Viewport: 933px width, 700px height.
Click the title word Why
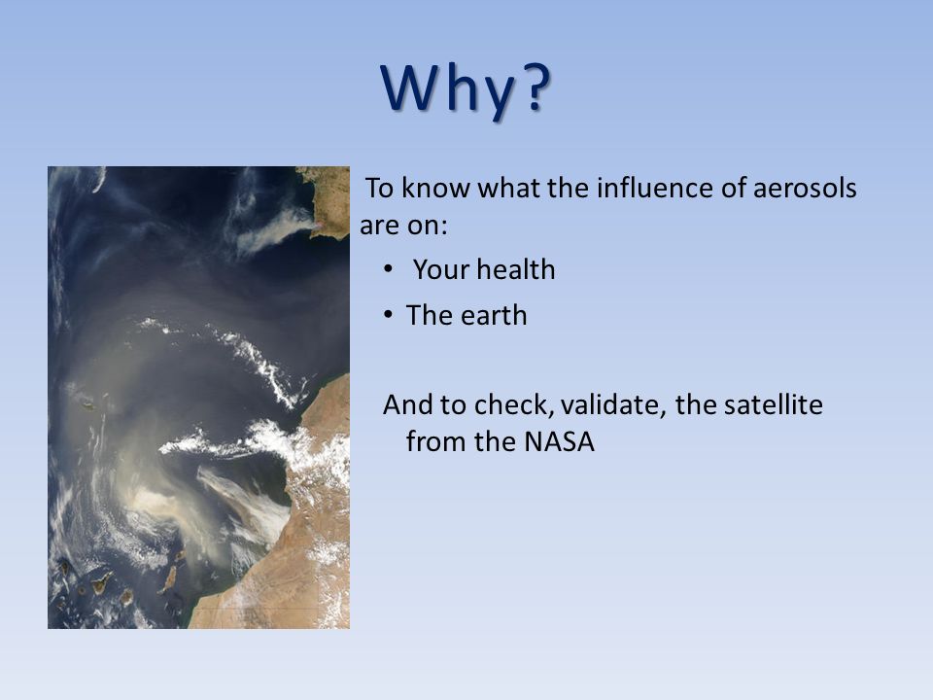click(447, 88)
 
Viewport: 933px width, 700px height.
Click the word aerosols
click(805, 188)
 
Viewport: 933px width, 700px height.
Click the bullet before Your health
click(389, 269)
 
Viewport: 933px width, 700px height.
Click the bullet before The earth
click(389, 314)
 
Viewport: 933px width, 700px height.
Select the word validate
click(613, 404)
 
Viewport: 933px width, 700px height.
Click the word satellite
click(773, 404)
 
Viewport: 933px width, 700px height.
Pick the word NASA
click(560, 441)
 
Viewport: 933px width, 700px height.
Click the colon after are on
click(443, 227)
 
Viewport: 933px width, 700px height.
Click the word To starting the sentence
click(380, 188)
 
